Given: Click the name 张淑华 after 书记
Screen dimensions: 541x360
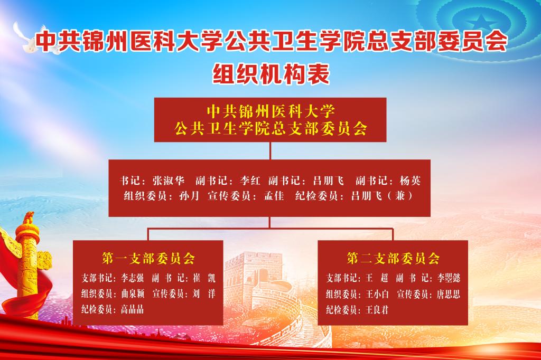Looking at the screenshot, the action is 169,181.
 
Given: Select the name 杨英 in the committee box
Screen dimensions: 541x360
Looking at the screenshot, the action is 410,181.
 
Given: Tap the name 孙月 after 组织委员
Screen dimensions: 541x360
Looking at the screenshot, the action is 190,196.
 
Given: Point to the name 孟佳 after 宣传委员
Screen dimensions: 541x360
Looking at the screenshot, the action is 274,196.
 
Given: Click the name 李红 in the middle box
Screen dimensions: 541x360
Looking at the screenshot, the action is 250,181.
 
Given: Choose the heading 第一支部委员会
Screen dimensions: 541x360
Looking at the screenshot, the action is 148,258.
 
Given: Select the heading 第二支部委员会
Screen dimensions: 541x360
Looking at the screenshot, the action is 393,258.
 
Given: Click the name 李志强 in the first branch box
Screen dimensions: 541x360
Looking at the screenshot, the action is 132,278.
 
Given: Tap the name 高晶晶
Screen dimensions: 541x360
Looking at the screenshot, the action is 132,309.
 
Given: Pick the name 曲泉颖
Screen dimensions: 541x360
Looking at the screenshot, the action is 133,294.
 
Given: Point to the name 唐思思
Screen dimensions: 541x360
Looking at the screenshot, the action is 448,294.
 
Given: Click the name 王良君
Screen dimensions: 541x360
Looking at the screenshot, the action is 377,310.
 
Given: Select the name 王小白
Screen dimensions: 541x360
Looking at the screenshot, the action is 377,294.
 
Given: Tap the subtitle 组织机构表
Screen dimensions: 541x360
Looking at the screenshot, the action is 271,73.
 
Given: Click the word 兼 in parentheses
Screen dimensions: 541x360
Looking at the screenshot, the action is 400,196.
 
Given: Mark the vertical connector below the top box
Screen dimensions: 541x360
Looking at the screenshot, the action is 270,150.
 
